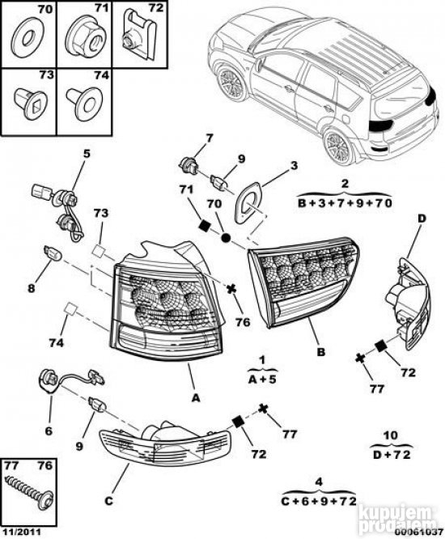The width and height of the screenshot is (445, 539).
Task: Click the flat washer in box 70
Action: click(x=28, y=39)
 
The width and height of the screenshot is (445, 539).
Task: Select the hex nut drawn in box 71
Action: click(x=84, y=38)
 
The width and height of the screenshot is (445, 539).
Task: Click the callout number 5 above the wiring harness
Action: click(x=87, y=153)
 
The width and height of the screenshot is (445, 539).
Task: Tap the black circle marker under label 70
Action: click(x=226, y=237)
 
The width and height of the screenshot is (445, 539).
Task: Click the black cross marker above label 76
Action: click(x=231, y=290)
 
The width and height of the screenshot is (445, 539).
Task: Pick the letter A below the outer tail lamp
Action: click(x=195, y=397)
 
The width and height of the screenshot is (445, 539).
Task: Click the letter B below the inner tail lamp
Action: click(x=320, y=352)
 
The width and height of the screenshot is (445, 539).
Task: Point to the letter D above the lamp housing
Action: click(x=422, y=218)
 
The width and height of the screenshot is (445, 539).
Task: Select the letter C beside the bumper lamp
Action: click(x=108, y=501)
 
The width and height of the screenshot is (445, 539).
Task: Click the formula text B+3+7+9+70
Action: click(x=345, y=203)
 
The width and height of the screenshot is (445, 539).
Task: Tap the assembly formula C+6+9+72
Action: click(x=319, y=502)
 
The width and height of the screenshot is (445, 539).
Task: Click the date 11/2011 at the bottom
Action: click(x=21, y=533)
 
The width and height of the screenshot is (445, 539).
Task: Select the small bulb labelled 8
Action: click(x=53, y=253)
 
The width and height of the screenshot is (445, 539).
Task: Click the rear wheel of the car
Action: click(x=339, y=146)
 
